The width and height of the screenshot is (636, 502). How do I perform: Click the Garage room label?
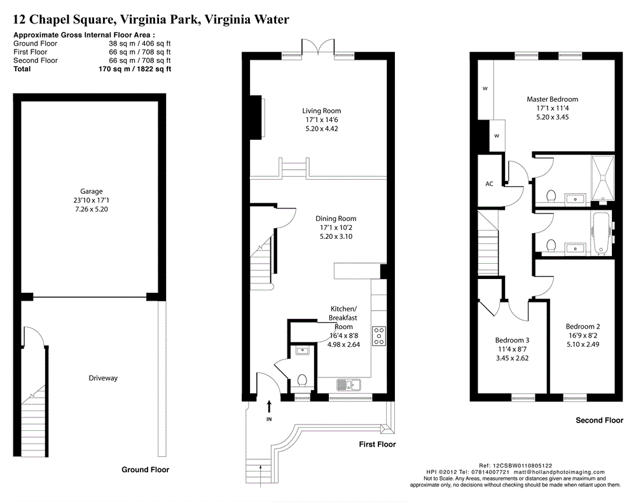91,191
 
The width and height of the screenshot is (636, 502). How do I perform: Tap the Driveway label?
103,378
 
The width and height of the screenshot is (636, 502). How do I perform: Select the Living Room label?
321,111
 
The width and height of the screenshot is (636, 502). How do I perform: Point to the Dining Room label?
336,219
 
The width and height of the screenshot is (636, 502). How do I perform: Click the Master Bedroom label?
552,99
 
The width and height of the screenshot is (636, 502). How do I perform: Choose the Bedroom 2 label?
583,326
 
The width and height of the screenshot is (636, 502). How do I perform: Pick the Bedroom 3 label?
512,340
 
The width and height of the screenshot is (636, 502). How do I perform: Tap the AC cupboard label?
489,184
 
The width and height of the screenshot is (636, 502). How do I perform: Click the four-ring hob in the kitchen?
379,336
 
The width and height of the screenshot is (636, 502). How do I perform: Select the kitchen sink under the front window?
349,385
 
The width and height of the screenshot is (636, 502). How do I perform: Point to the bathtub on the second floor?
601,234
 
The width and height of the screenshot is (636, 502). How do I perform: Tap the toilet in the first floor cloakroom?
301,381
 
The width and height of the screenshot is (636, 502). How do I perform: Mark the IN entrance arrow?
269,407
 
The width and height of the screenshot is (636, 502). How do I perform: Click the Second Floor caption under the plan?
600,420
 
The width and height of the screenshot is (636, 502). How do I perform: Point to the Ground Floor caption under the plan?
145,470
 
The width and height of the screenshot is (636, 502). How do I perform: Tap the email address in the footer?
559,472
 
